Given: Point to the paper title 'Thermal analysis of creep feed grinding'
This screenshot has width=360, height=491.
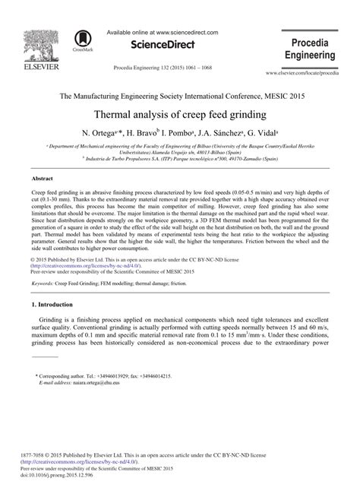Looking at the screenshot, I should click(x=179, y=116).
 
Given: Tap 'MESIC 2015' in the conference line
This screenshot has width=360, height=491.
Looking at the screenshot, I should click(x=286, y=97).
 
